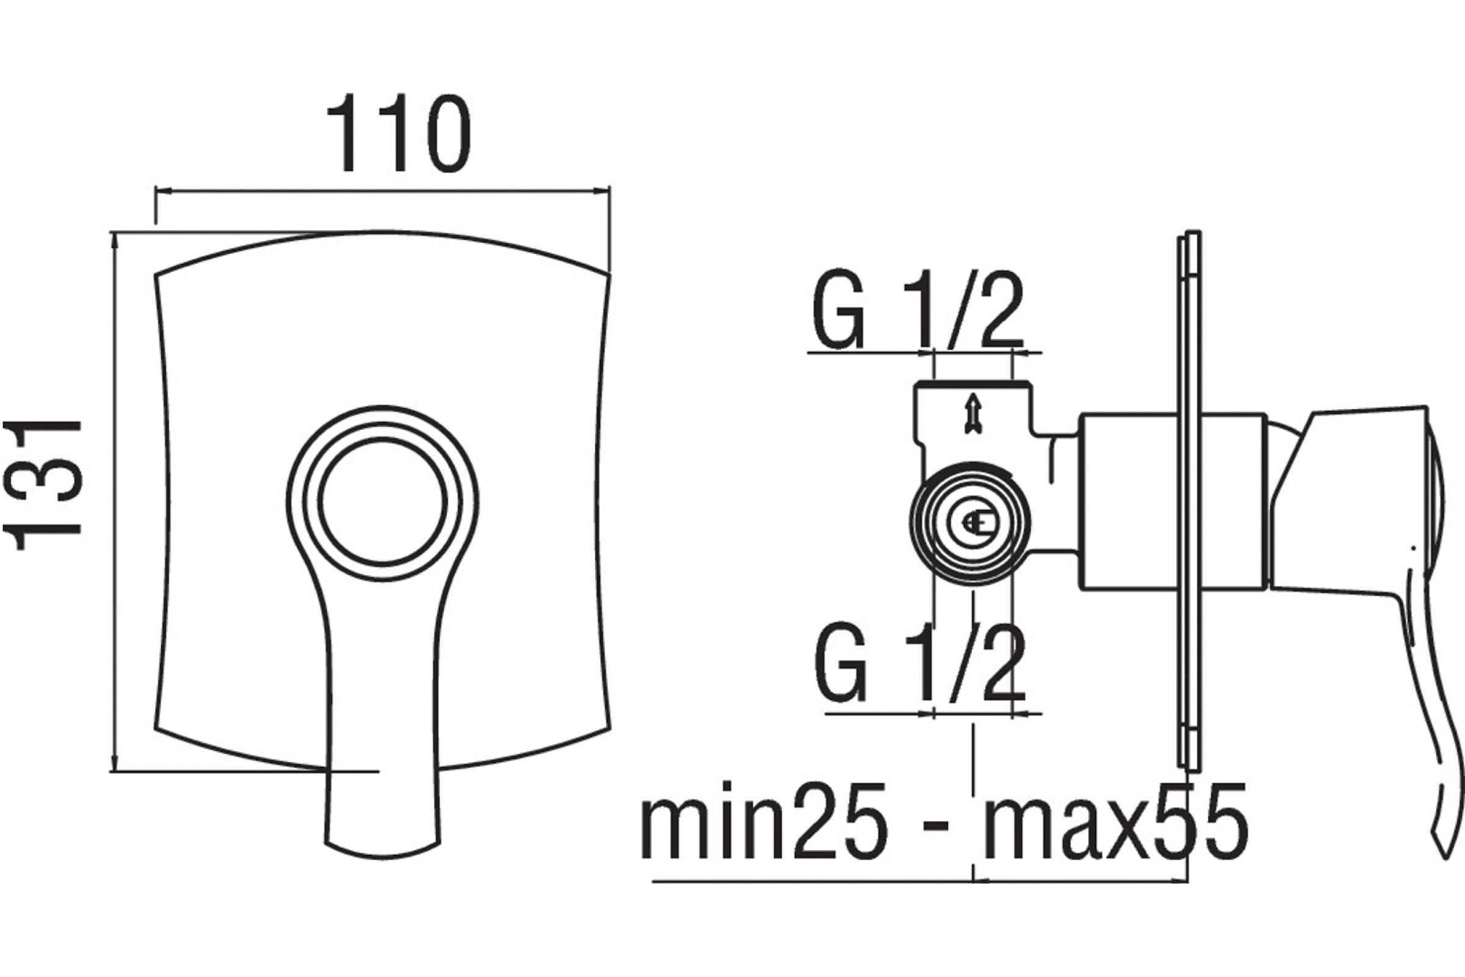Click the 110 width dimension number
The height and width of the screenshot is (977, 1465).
[x=398, y=133]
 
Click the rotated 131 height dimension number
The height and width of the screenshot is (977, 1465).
[x=42, y=485]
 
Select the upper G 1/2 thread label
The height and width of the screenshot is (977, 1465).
[x=919, y=310]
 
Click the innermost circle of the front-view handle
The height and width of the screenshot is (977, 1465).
[x=383, y=439]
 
